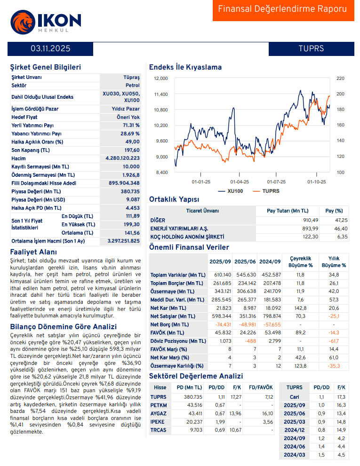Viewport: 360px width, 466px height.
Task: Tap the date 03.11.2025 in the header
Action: (51, 48)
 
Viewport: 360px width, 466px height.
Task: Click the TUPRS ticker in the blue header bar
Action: (311, 48)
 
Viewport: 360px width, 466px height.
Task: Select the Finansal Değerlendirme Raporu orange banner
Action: (283, 9)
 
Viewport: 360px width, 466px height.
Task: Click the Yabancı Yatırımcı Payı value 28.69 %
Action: (130, 134)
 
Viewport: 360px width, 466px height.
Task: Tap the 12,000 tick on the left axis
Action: (161, 79)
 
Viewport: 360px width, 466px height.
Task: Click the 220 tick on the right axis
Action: (341, 79)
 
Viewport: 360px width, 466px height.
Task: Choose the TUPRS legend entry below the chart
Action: (266, 191)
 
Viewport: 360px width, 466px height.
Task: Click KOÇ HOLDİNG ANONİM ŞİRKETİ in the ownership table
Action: (187, 237)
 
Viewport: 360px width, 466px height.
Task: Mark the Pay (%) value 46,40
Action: (341, 228)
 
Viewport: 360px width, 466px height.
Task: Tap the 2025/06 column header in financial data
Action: (245, 261)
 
